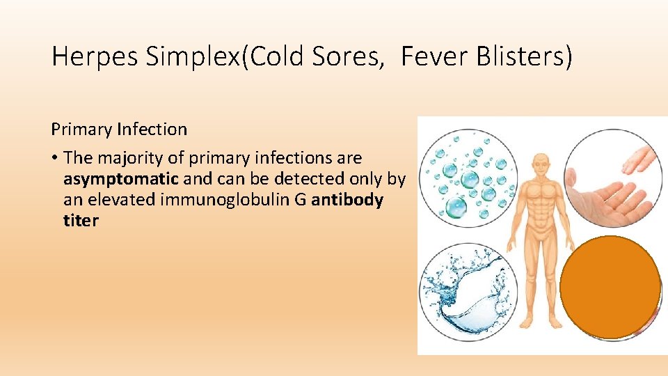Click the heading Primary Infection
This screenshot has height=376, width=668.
(x=119, y=130)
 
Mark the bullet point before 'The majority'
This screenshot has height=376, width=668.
(x=54, y=158)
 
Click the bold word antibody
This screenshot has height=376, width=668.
(x=347, y=200)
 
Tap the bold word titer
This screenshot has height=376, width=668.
(x=81, y=221)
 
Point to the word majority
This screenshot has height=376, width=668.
(x=127, y=158)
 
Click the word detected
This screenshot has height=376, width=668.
(x=310, y=179)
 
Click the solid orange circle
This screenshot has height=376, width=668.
(x=610, y=287)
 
